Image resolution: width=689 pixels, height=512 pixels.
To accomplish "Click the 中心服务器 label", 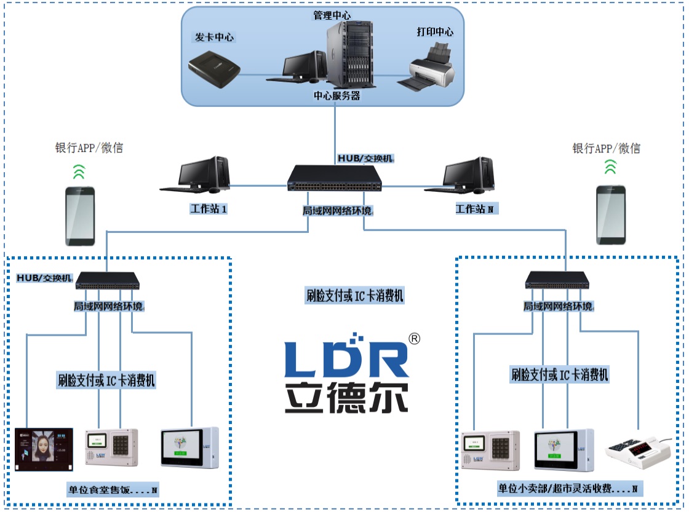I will click(337, 96).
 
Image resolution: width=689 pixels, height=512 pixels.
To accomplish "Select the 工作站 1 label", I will click(209, 209).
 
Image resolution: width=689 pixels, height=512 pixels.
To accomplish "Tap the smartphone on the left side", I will click(80, 216).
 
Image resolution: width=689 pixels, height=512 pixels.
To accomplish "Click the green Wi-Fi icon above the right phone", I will click(610, 167).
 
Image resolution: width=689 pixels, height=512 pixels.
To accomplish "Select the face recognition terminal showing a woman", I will click(44, 450).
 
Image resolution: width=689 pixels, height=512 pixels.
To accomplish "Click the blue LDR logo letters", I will click(346, 356).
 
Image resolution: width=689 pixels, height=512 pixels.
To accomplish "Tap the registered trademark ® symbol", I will click(415, 339).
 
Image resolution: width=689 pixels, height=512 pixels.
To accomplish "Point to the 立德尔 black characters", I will click(346, 398).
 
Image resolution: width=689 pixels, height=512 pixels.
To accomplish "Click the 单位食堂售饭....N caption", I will click(113, 490).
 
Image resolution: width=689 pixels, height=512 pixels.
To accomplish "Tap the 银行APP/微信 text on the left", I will click(89, 148).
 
